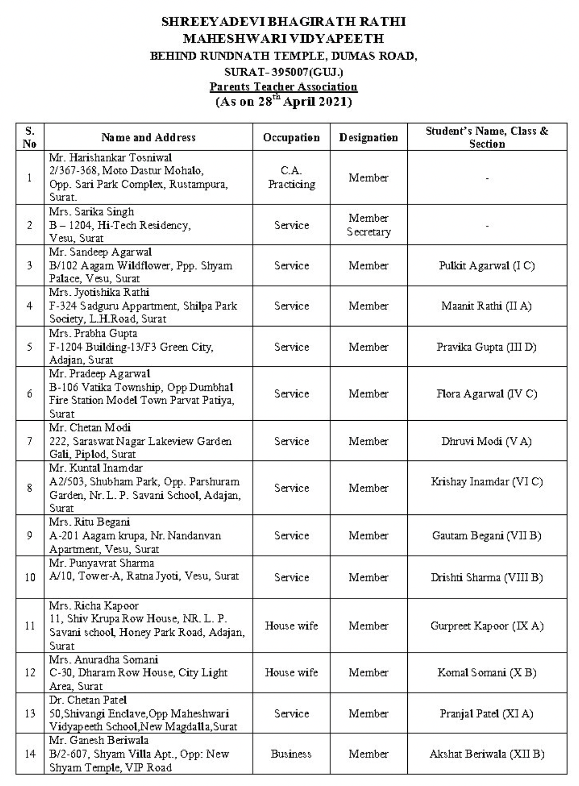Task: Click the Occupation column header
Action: [291, 138]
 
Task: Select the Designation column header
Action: [368, 138]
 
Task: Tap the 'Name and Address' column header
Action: [148, 137]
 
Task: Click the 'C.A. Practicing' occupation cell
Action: [291, 178]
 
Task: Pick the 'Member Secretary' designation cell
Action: [368, 225]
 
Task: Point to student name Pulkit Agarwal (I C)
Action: [486, 266]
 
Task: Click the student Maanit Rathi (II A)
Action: [486, 306]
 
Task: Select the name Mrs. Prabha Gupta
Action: [93, 334]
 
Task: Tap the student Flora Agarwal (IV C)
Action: [486, 394]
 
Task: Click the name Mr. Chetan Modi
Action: [90, 428]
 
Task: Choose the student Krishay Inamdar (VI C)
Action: [486, 482]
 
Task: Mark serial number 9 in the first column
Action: [30, 536]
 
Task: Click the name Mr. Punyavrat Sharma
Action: [101, 563]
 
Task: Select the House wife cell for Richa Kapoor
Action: [291, 626]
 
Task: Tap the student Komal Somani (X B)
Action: [486, 673]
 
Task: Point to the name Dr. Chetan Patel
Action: [88, 700]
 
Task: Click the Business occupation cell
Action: [291, 754]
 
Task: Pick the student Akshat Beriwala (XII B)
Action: [486, 754]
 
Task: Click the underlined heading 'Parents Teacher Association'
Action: [283, 87]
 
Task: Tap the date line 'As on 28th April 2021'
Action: [283, 101]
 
